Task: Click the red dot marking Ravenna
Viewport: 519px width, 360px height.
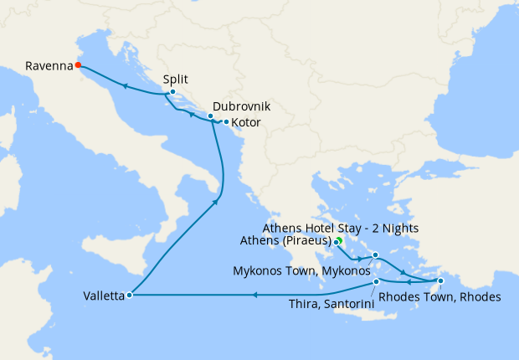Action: point(78,64)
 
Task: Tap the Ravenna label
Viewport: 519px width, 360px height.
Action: point(48,64)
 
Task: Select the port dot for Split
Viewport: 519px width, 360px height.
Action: point(172,92)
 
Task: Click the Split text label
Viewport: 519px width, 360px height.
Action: point(176,80)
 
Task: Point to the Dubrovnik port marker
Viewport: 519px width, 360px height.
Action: point(211,116)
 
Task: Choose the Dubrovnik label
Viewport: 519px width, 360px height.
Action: point(242,107)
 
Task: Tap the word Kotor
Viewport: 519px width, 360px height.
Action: point(246,123)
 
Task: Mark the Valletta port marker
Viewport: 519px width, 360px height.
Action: point(129,295)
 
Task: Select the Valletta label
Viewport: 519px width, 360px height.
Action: point(104,296)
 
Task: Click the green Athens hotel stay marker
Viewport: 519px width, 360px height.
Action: point(339,240)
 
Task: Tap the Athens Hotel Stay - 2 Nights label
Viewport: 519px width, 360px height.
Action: point(341,228)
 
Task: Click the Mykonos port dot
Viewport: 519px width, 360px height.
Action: point(376,255)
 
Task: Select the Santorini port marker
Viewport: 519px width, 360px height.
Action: point(377,282)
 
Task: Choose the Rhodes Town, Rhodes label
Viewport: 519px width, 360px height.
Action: point(439,297)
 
